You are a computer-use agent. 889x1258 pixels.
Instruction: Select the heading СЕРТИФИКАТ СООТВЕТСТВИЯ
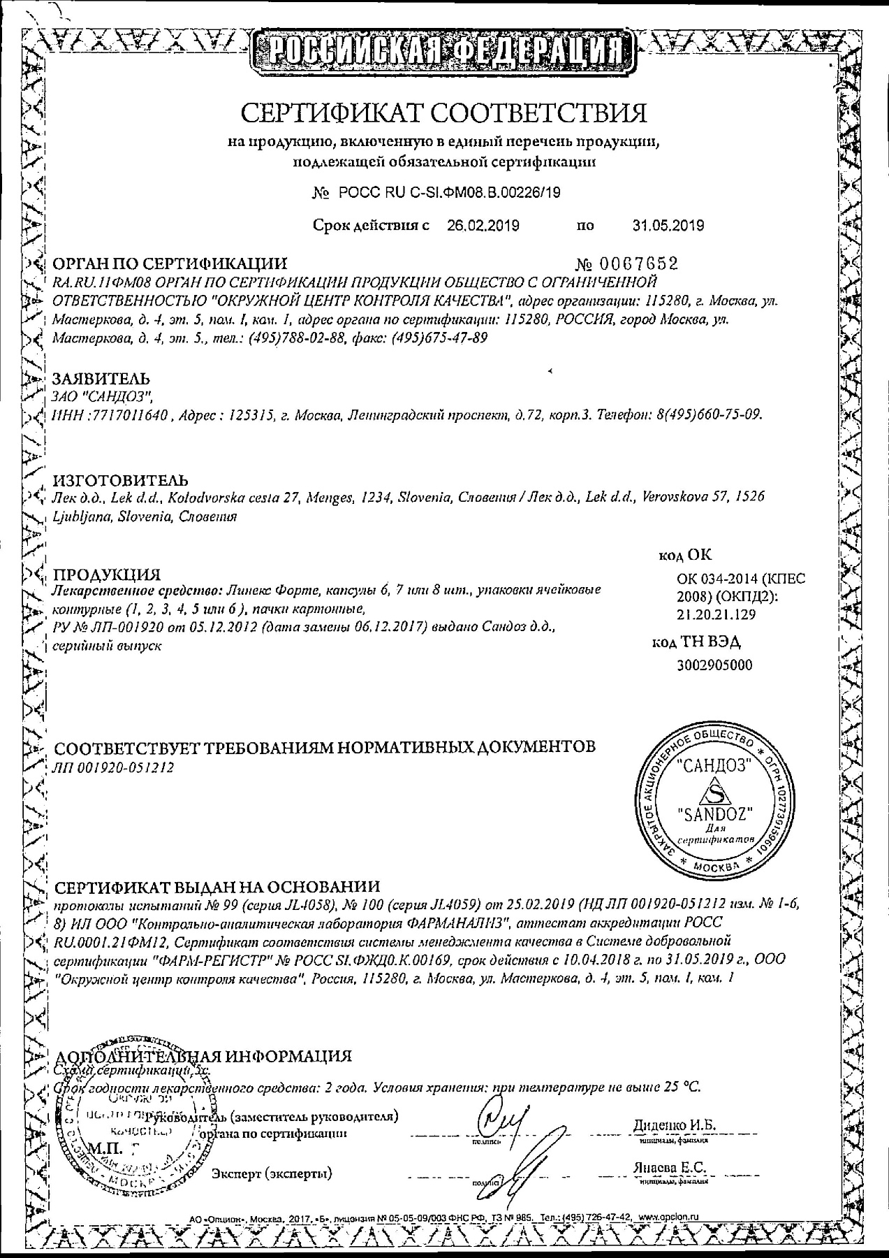tap(444, 112)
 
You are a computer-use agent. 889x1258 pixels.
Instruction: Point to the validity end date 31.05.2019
tap(668, 225)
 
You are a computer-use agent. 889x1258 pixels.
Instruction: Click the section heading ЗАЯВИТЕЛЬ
tap(102, 379)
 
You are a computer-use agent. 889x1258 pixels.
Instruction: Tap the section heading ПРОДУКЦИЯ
tap(108, 574)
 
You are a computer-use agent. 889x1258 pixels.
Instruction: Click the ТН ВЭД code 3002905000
tap(715, 665)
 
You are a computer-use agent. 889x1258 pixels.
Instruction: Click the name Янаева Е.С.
tap(670, 1168)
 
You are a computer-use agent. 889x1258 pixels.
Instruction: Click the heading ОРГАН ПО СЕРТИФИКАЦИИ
tap(170, 263)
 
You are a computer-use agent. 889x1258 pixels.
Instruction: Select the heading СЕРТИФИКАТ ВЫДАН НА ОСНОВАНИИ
tap(217, 887)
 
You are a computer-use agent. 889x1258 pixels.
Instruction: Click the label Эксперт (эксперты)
tap(272, 1172)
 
